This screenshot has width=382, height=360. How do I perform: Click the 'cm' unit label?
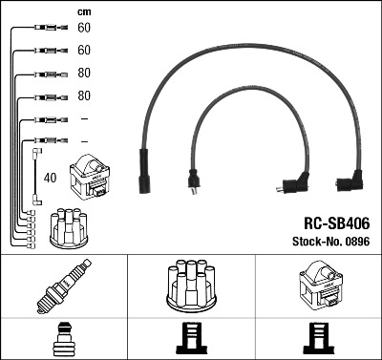click(84, 12)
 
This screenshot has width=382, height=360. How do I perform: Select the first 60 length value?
click(84, 28)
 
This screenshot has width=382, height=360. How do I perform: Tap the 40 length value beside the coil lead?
click(50, 178)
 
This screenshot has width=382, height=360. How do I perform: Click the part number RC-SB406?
click(337, 223)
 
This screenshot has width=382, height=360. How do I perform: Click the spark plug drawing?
click(64, 286)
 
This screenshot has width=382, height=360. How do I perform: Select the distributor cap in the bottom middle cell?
click(191, 286)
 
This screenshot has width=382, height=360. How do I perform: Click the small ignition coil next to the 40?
click(90, 177)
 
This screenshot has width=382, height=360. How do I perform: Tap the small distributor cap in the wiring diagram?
click(69, 227)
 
